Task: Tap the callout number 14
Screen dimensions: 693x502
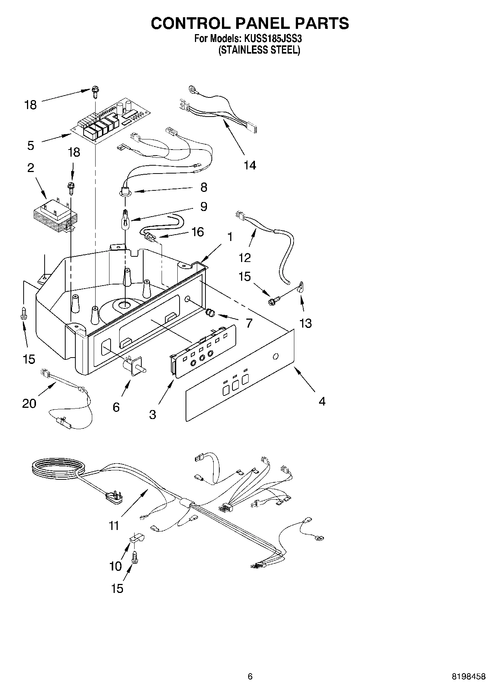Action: pos(250,165)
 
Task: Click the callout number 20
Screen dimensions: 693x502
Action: pos(29,403)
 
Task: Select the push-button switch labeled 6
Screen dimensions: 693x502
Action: pos(134,365)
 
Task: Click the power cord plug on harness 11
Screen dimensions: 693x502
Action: pos(114,497)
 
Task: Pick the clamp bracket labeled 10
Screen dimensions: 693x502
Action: pos(137,538)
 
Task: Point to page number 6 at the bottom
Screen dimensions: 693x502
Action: pos(250,677)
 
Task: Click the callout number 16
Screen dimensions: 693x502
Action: pos(197,232)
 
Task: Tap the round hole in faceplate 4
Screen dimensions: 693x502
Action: pos(276,356)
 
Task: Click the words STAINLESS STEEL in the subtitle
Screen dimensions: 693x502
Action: pos(259,50)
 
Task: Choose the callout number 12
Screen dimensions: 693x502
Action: pos(244,257)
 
